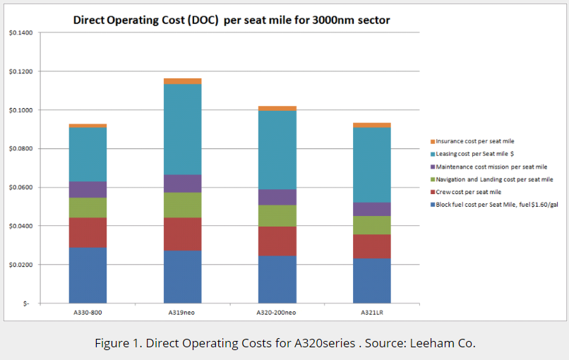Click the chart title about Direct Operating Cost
(x=232, y=20)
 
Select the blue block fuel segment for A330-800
(x=88, y=275)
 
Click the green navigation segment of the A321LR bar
(x=372, y=225)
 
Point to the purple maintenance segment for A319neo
(x=182, y=184)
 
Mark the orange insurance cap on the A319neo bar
(x=182, y=81)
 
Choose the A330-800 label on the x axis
(x=88, y=312)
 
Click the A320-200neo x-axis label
(x=277, y=312)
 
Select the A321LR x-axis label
(x=372, y=312)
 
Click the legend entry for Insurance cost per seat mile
(x=475, y=141)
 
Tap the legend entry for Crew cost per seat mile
(x=469, y=192)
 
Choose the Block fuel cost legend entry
(x=496, y=205)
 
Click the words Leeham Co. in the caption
(x=446, y=344)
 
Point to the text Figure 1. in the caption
(x=116, y=344)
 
